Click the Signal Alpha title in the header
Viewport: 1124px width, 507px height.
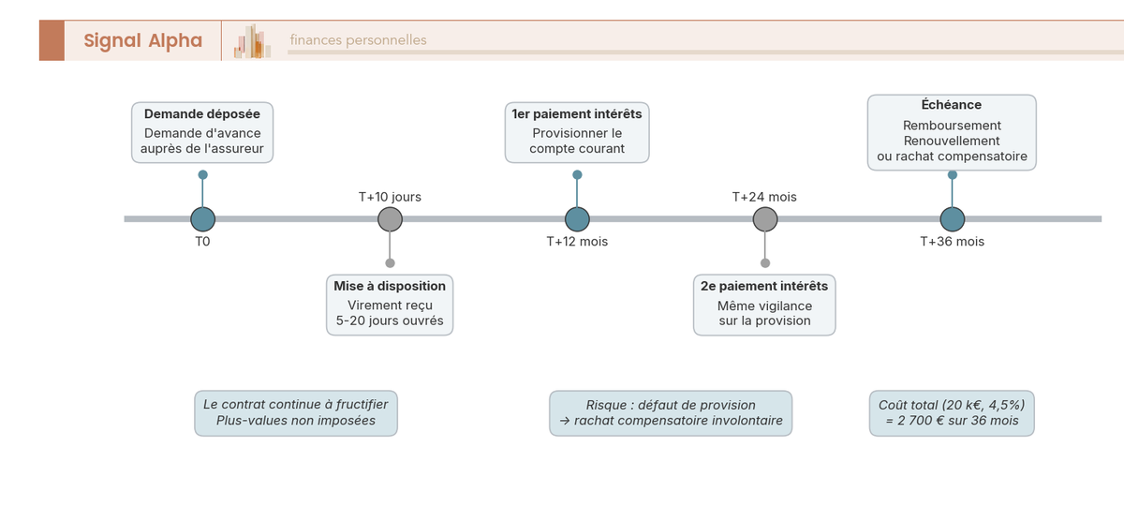coord(142,40)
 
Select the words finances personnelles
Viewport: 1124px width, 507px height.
coord(358,40)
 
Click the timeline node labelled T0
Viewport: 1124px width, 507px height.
coord(202,219)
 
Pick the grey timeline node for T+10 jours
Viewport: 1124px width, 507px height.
coord(390,219)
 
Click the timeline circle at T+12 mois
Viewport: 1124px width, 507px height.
coord(577,219)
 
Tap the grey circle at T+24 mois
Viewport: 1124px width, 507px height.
coord(765,219)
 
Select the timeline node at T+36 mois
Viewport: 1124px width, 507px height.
coord(953,219)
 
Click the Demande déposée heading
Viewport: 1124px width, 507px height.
coord(202,114)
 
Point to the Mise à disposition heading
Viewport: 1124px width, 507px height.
coord(390,286)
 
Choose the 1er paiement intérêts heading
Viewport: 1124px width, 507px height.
coord(577,114)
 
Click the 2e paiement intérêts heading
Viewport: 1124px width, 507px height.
coord(764,286)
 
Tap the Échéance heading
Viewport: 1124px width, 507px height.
coord(952,105)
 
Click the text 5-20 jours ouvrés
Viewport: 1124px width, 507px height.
coord(390,321)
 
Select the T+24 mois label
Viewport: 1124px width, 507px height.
coord(764,197)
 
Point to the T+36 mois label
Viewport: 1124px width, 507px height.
coord(952,242)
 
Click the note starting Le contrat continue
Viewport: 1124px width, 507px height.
coord(296,405)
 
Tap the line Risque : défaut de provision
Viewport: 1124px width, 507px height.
coord(671,405)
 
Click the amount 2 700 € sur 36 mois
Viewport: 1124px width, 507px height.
coord(952,421)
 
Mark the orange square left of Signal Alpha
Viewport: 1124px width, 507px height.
coord(52,40)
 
